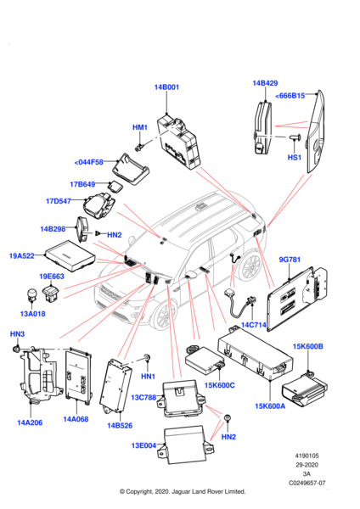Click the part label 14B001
coord(166,87)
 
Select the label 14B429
coord(265,83)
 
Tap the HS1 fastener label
coord(295,158)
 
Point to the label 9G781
coord(290,260)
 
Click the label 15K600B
coord(307,346)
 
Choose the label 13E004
coord(143,445)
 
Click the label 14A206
coord(30,422)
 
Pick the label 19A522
coord(22,256)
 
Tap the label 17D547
coord(59,201)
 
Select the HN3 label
coord(17,333)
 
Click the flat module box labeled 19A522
coord(70,255)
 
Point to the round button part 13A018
coord(32,294)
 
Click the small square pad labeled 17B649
coord(115,187)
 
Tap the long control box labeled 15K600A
coord(255,353)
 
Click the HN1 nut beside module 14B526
coord(147,358)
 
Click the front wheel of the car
coord(163,315)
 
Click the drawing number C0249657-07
coord(307,483)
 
